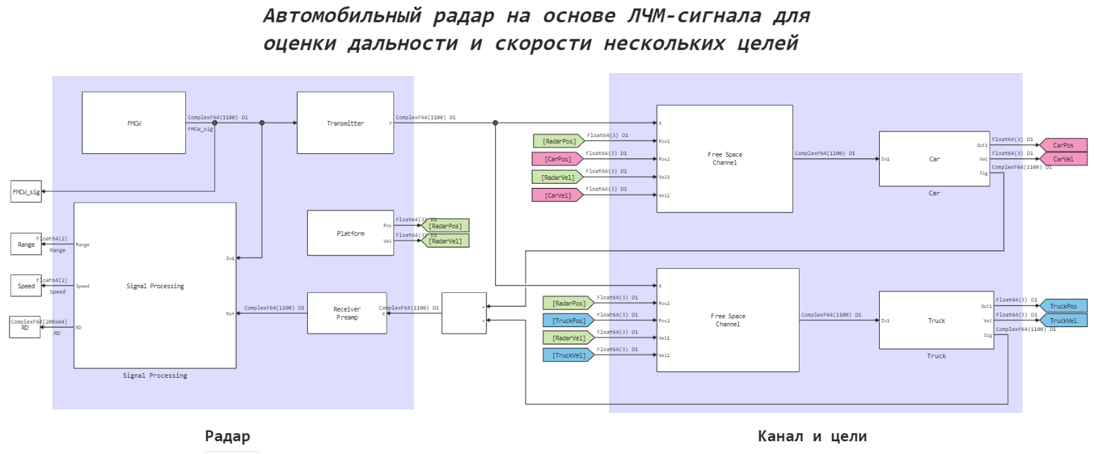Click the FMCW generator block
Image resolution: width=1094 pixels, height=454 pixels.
134,123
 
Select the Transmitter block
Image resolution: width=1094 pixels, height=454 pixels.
345,123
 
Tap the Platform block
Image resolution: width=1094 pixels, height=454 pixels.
351,233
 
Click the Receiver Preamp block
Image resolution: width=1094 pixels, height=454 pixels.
347,313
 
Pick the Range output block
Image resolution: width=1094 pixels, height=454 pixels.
26,244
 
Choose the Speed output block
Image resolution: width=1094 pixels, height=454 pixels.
26,286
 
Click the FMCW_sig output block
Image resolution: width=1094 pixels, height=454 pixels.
26,192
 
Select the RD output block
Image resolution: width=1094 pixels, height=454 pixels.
25,327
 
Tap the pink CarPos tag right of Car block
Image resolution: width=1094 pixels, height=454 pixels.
1063,145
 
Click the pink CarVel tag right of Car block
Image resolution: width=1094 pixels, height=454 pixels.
1063,159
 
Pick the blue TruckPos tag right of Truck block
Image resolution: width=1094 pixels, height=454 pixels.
1063,306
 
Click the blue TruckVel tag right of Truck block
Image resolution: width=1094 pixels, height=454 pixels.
1063,321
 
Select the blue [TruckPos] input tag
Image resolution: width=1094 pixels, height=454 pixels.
568,321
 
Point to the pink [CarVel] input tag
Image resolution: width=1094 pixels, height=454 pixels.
557,195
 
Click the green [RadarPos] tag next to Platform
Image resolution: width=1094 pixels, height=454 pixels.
446,226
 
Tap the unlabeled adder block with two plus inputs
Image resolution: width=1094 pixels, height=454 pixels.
464,313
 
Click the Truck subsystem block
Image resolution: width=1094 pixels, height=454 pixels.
936,320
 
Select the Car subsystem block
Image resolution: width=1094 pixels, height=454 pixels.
934,159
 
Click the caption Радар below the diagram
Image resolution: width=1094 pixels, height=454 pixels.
227,437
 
